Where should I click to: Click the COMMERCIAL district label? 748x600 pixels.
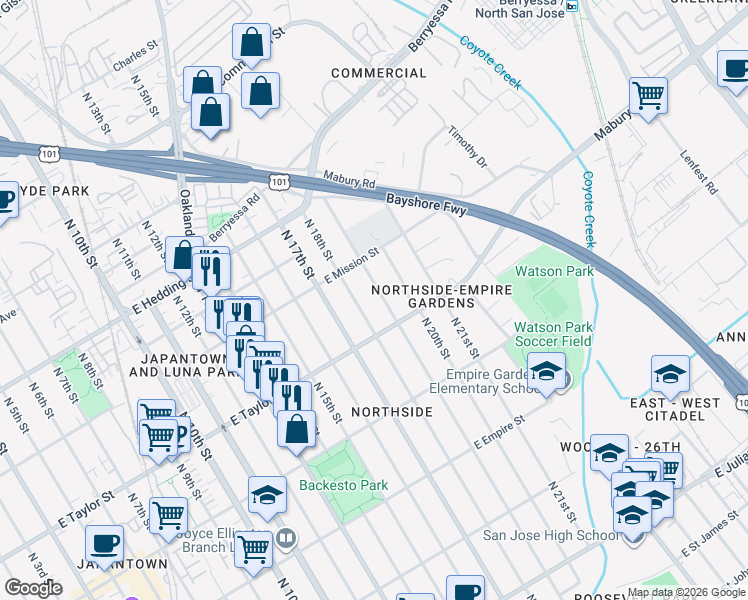(x=378, y=73)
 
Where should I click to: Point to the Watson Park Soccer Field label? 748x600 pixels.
(x=553, y=334)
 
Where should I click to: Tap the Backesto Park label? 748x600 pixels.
(x=343, y=486)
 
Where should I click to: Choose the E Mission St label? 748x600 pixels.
(x=352, y=267)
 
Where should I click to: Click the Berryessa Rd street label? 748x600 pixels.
(x=234, y=213)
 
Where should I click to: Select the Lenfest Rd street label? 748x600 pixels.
(x=698, y=171)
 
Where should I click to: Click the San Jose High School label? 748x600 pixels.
(x=551, y=535)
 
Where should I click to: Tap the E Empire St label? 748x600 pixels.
(x=499, y=432)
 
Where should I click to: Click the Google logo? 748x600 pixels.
(x=33, y=588)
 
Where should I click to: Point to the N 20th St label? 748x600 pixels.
(x=437, y=343)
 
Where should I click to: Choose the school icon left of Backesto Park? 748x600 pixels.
(x=267, y=495)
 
